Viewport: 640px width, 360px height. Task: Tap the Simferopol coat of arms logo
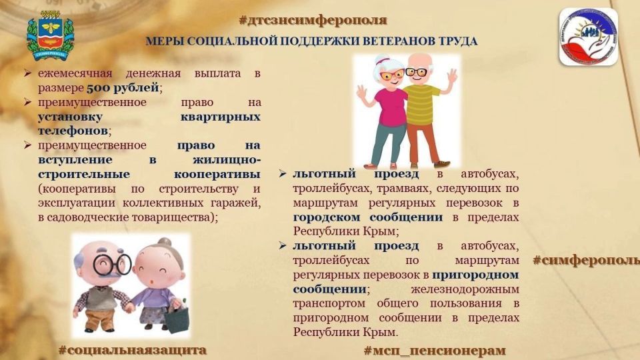pos(50,39)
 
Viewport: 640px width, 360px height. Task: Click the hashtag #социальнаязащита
pos(132,349)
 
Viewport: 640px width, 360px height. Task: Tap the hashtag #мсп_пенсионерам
pos(434,350)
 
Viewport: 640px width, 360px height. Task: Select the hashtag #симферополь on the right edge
pos(586,260)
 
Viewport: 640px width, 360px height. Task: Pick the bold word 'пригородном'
pos(475,274)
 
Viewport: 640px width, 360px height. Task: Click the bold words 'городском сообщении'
pos(367,217)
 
